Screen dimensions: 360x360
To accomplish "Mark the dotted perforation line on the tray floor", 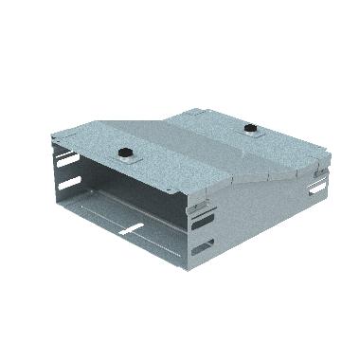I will coord(142,213).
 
